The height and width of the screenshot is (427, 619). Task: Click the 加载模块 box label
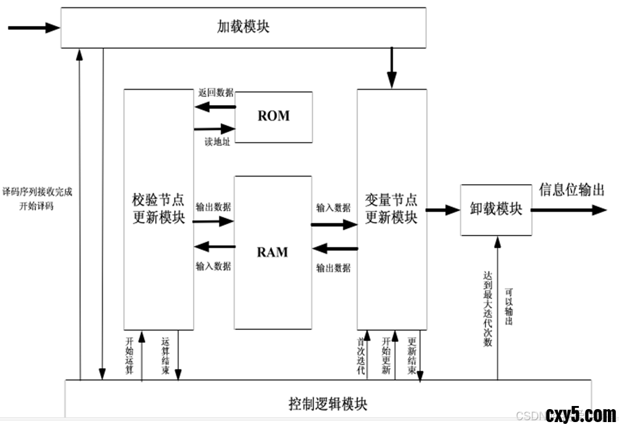pos(243,27)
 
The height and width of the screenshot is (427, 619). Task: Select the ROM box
pos(273,116)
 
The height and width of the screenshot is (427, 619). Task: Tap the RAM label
pos(273,252)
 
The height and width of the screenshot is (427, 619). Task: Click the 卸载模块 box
pos(496,209)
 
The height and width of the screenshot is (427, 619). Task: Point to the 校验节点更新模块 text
pos(158,209)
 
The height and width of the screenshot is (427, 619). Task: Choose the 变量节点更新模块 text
pos(391,209)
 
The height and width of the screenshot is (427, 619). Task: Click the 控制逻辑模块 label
pos(328,405)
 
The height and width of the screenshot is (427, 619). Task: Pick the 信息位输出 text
pos(571,190)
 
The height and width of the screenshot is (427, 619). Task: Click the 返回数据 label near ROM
pos(216,93)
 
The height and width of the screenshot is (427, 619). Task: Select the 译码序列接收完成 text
pos(37,192)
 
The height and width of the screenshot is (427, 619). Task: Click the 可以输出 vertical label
pos(509,307)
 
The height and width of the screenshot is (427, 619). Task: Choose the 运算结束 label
pos(165,356)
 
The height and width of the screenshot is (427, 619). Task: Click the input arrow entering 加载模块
pos(33,27)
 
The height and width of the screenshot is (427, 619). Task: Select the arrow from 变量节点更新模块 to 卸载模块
pos(443,210)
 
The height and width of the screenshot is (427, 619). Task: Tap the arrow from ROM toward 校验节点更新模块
pos(215,107)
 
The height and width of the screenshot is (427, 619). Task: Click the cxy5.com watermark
pos(581,414)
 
